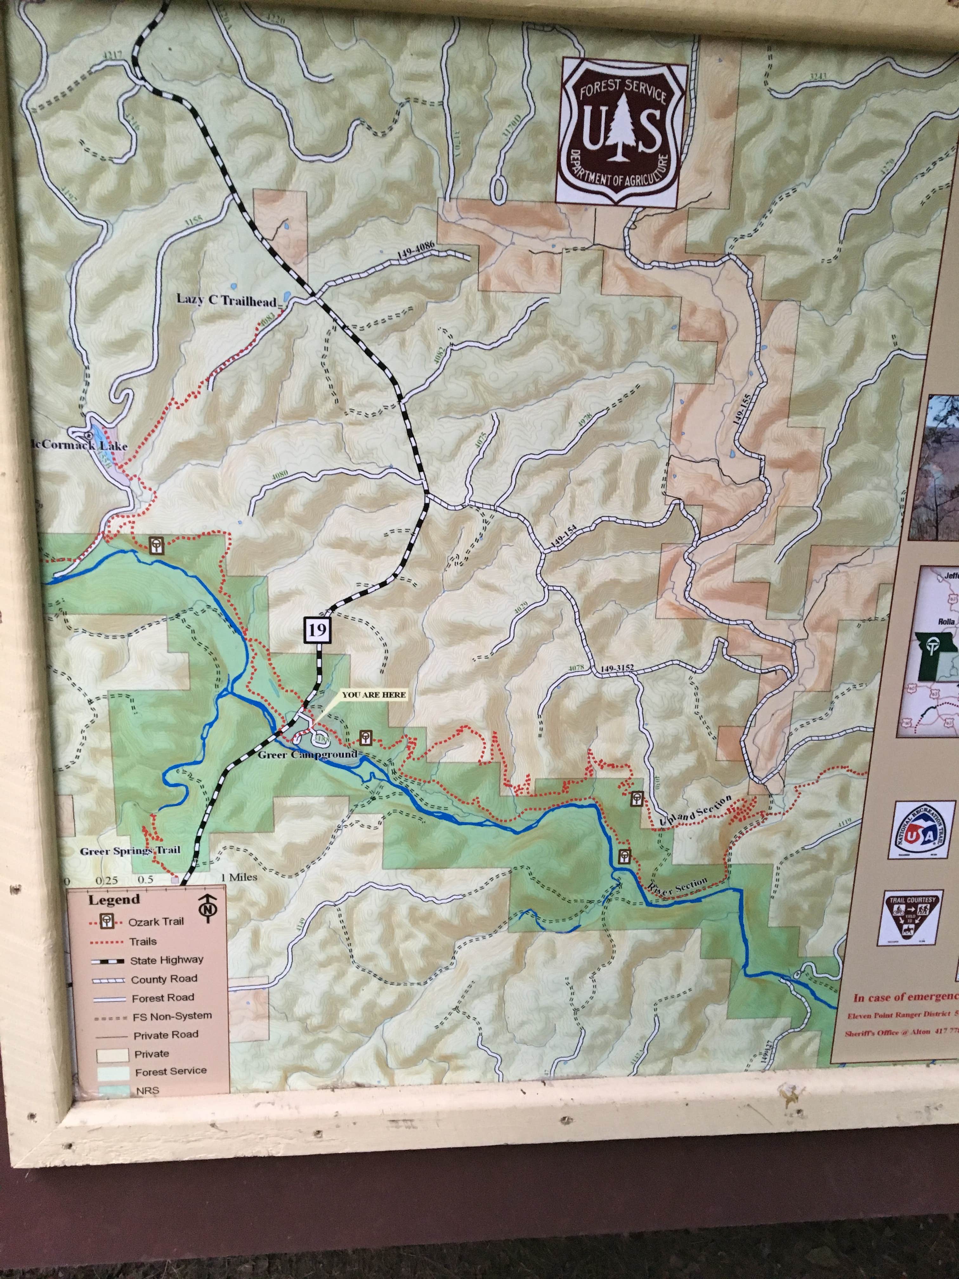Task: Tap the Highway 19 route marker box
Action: click(317, 630)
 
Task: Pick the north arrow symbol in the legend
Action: click(206, 906)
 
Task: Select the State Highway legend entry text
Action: click(166, 960)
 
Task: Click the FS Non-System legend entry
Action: click(171, 1015)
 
